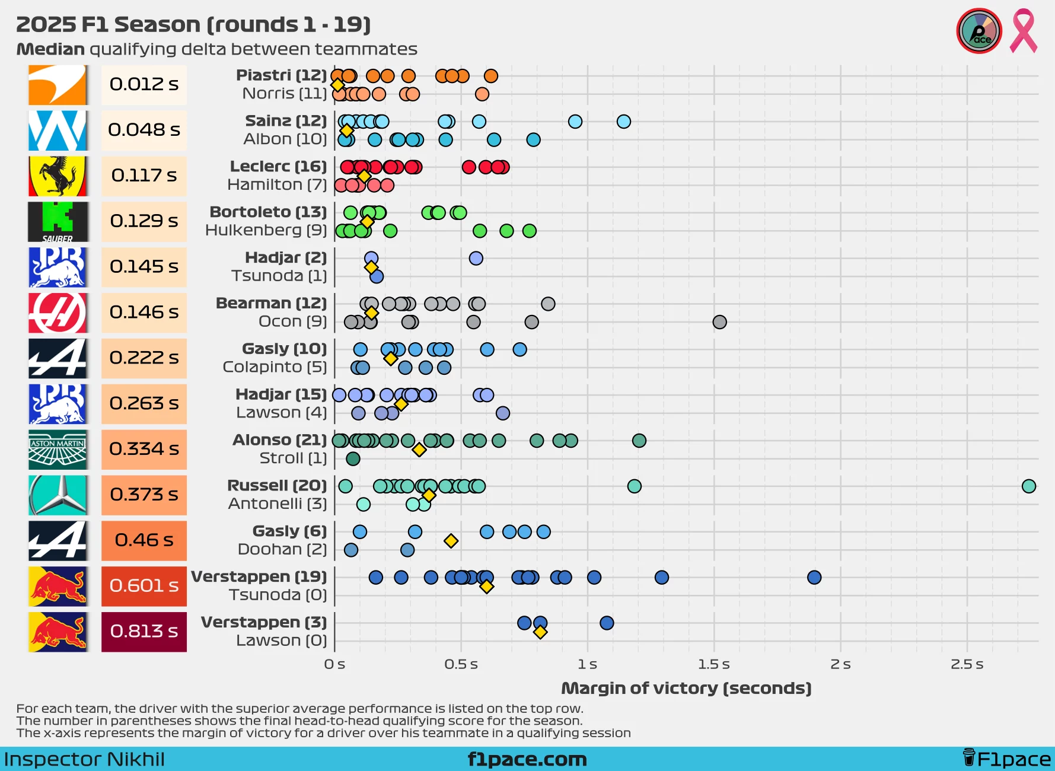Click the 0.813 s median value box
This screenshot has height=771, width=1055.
tap(144, 632)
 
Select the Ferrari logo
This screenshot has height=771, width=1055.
tap(58, 176)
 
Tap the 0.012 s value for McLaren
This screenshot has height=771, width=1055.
tap(144, 85)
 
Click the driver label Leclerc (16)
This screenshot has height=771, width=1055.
tap(278, 167)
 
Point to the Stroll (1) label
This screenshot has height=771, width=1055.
tap(293, 458)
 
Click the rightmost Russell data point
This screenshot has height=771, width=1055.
tap(1028, 486)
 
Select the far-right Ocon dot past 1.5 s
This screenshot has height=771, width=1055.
tap(719, 322)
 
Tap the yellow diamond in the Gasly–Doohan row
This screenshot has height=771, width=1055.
tap(451, 541)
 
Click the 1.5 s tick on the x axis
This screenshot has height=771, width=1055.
tap(713, 664)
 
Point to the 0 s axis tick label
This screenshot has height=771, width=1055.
tap(334, 664)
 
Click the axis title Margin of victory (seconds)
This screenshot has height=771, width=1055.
tap(686, 689)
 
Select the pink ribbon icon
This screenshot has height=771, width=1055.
tap(1024, 31)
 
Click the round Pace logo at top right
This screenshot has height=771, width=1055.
tap(978, 31)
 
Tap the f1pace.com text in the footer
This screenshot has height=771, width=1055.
tap(527, 759)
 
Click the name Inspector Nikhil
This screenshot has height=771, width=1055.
tap(84, 759)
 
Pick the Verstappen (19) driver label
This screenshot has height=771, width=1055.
tap(259, 576)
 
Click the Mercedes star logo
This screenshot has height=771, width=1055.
tap(58, 495)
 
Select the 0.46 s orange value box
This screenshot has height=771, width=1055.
tap(144, 540)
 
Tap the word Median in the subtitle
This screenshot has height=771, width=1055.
tap(50, 49)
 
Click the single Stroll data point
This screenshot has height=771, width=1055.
tap(353, 458)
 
